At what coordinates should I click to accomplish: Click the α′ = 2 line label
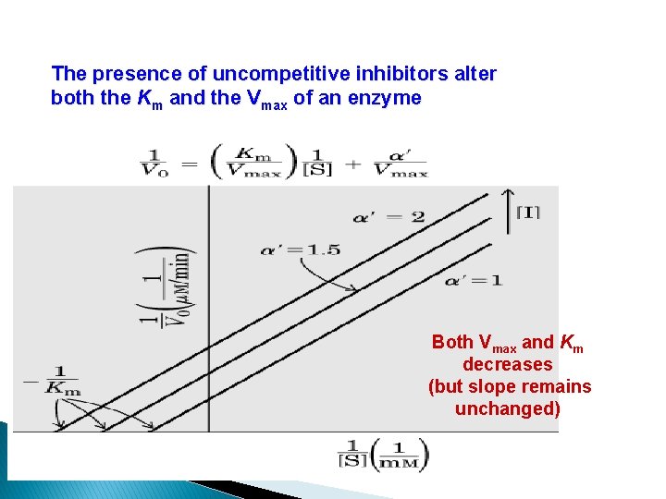388,217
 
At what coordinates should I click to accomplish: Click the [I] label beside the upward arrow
527,213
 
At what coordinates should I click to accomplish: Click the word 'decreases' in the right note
508,365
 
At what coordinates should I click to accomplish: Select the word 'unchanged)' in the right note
508,409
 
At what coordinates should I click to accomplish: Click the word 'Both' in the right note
452,343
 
